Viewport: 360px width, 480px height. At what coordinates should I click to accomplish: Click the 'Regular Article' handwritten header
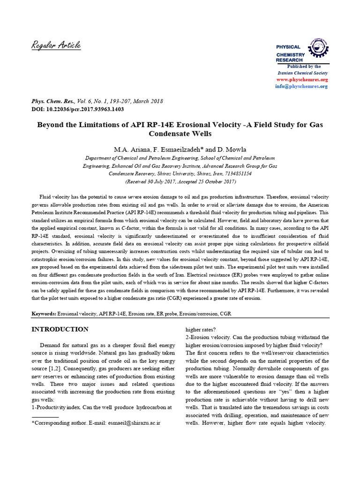(56, 45)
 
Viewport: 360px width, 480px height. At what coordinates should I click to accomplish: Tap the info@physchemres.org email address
(308, 86)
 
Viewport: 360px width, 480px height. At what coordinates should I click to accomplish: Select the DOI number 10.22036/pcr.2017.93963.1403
(83, 109)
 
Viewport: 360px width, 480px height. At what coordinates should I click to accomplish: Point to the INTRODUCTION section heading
(60, 329)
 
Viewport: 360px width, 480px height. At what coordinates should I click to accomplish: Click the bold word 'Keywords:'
(44, 313)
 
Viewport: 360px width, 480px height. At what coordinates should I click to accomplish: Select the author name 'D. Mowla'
(233, 149)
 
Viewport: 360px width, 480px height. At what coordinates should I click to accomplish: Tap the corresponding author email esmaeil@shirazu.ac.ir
(134, 423)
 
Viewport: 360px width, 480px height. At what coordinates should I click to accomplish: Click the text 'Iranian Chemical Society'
(303, 73)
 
